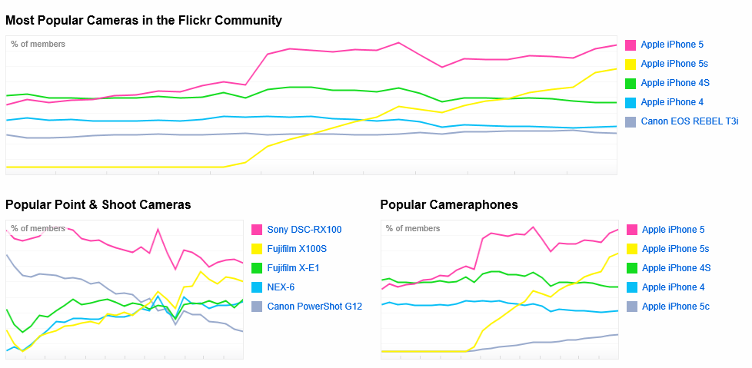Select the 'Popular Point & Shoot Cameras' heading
[98, 204]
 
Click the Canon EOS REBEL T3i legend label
[690, 121]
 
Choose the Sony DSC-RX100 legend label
[304, 230]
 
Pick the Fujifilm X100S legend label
[297, 249]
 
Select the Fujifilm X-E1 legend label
[293, 268]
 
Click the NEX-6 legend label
[281, 287]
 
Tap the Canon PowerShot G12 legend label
[314, 307]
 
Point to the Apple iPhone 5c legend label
[676, 307]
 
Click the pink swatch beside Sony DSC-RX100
[258, 230]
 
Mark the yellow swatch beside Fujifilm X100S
[258, 249]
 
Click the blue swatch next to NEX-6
[258, 287]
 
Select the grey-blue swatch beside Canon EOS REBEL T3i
[631, 121]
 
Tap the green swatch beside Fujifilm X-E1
[258, 268]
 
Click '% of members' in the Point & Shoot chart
[38, 229]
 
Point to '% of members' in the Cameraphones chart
[413, 229]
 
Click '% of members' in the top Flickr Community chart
[38, 45]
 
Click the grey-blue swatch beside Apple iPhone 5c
[632, 307]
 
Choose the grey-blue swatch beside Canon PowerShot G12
[258, 307]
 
